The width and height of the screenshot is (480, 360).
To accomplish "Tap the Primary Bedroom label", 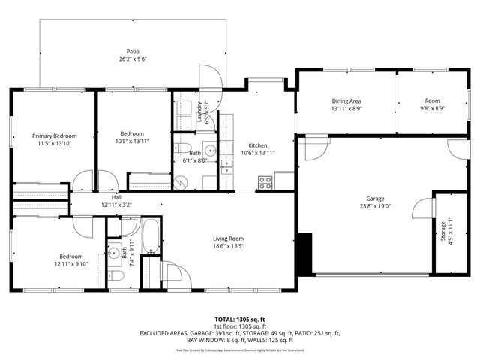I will pyautogui.click(x=54, y=136).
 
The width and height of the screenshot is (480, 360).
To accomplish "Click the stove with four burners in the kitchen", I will pyautogui.click(x=265, y=181).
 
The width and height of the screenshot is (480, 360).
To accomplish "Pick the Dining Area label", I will pyautogui.click(x=346, y=100).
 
